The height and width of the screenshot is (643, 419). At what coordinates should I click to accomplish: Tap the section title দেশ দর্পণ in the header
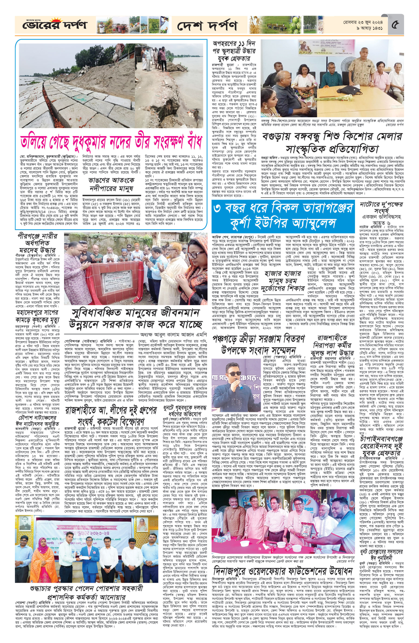tap(207, 26)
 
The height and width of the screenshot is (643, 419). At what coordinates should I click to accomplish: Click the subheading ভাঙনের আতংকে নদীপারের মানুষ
tap(111, 184)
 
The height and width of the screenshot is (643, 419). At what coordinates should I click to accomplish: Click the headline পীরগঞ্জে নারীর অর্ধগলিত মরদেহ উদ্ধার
tap(37, 243)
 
